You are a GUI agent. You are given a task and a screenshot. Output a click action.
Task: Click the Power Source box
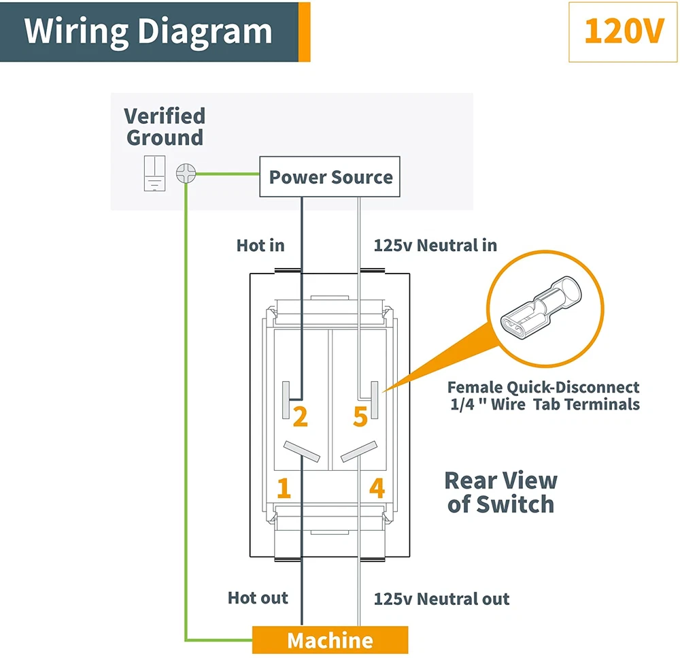click(330, 178)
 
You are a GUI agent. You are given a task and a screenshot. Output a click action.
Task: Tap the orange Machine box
click(330, 640)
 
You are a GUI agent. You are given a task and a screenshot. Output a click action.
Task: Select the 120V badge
click(622, 32)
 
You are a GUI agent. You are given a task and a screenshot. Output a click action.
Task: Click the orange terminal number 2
click(300, 416)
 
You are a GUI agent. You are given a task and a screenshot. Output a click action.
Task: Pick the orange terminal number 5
click(360, 416)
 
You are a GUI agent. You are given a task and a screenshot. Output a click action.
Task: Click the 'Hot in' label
click(260, 245)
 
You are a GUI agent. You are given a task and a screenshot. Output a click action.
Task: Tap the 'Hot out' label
click(258, 598)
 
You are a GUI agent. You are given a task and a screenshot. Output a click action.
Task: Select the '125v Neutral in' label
click(435, 245)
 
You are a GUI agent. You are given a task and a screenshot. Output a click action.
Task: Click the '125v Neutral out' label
click(441, 599)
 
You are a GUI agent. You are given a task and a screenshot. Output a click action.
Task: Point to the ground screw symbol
click(185, 174)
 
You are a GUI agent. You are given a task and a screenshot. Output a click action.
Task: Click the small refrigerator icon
click(155, 173)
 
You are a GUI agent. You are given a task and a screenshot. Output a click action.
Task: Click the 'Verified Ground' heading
click(165, 127)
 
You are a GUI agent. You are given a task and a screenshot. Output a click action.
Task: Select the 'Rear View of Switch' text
click(501, 492)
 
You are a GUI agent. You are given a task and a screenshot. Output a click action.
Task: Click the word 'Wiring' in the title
click(77, 31)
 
